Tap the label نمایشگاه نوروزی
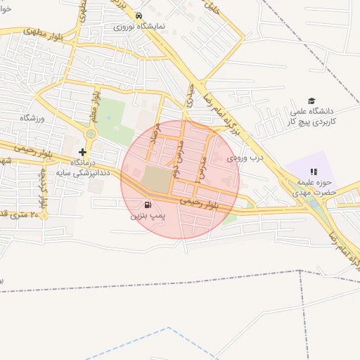(140, 26)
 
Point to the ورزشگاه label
(32, 117)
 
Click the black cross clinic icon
(83, 152)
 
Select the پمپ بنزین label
(147, 217)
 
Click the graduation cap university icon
(311, 102)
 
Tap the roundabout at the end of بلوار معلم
(90, 134)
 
